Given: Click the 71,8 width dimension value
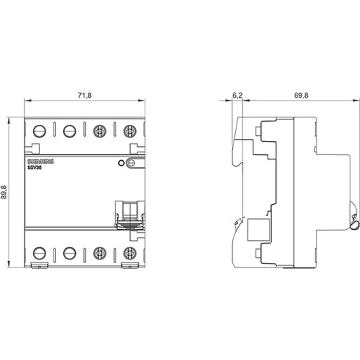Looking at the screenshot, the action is [x=84, y=96].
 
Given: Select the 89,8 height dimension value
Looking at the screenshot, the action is [x=4, y=192].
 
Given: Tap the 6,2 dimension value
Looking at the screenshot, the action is [x=237, y=96].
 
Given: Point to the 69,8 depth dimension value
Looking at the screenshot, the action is [x=301, y=96].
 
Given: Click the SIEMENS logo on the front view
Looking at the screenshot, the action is [x=40, y=162].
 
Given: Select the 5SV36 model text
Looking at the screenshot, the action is [x=35, y=168].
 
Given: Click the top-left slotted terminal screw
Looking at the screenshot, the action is [x=40, y=132].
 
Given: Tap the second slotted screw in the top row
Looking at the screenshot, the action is [x=70, y=132].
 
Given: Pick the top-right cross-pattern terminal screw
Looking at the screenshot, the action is [x=129, y=132].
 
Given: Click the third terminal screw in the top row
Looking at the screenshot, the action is [x=100, y=132].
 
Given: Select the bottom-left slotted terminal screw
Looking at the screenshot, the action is [x=40, y=253].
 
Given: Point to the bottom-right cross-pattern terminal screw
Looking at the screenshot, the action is [x=129, y=253].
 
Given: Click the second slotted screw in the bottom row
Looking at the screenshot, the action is [x=70, y=253].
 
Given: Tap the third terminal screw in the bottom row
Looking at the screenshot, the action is [x=100, y=253].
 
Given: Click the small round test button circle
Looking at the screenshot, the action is [x=120, y=163].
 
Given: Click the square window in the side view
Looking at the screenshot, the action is [x=259, y=230].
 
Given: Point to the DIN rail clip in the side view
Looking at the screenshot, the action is [x=354, y=216].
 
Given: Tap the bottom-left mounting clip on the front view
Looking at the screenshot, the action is [x=40, y=265].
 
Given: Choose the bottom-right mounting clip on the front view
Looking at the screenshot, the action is [x=130, y=265].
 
